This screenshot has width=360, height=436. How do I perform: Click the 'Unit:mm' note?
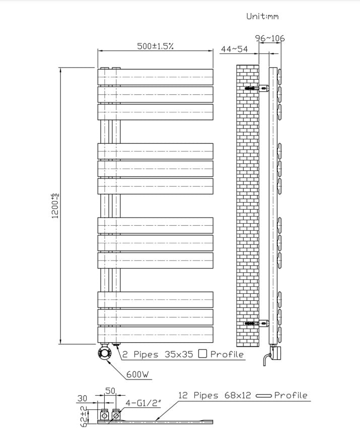(x=262, y=16)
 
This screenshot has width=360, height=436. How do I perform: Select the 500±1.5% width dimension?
(x=155, y=46)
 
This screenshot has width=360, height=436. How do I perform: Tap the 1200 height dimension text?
(x=55, y=206)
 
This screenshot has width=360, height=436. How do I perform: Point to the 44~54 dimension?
(x=234, y=49)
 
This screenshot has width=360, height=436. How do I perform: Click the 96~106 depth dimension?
(x=270, y=38)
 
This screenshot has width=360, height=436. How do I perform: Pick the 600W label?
(x=137, y=375)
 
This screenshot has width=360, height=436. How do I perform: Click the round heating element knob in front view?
(x=104, y=353)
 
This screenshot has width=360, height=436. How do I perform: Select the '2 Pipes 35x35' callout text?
(x=158, y=354)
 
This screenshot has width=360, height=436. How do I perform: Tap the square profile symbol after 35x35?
(x=203, y=354)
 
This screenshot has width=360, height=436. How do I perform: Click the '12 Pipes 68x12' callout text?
(x=214, y=395)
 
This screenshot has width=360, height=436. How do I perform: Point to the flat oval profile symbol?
(x=264, y=395)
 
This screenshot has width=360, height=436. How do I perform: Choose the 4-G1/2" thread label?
(x=143, y=403)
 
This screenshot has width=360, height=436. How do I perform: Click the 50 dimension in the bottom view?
(x=110, y=391)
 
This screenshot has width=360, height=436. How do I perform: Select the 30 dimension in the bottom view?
(x=82, y=398)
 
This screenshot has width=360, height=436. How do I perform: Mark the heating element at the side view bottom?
(x=274, y=354)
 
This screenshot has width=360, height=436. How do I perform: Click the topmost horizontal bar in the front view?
(x=155, y=77)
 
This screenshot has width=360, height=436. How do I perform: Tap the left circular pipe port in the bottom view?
(x=104, y=416)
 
